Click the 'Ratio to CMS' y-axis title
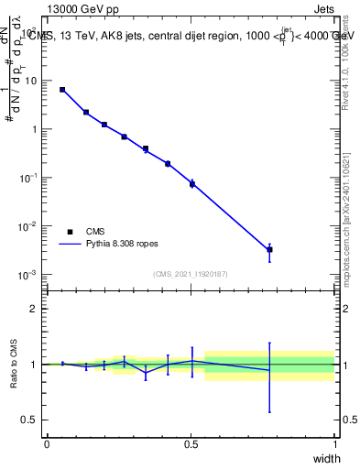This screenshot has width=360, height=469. [x=15, y=364]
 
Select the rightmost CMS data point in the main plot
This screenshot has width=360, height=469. [x=269, y=249]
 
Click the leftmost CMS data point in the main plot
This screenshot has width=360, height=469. [x=61, y=90]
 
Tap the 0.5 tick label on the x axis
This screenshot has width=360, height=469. [x=191, y=444]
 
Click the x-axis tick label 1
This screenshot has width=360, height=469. [x=335, y=444]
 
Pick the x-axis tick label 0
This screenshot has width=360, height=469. [x=47, y=444]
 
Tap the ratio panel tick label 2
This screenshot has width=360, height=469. [x=37, y=310]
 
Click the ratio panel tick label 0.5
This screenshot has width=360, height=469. [x=33, y=420]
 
